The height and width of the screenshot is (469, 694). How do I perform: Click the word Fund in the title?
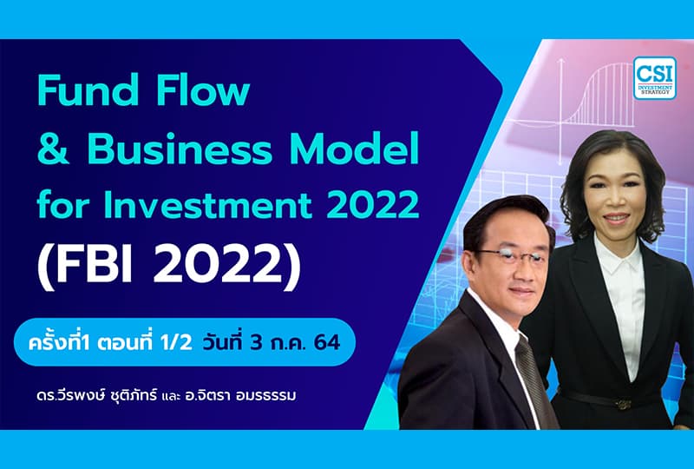[x=77, y=90]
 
